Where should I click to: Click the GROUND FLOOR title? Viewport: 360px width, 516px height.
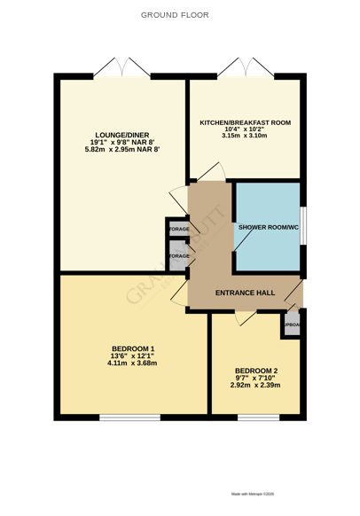coord(179,16)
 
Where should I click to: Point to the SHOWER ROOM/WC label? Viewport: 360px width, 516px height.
coord(267,226)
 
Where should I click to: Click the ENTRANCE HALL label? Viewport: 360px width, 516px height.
coord(245,293)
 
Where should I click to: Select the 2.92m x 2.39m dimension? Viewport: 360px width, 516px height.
coord(255,386)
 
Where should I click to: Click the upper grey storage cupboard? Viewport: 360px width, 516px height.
coord(178,229)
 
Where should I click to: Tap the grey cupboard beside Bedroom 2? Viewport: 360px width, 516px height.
coord(292,325)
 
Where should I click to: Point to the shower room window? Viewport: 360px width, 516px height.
coord(303,226)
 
